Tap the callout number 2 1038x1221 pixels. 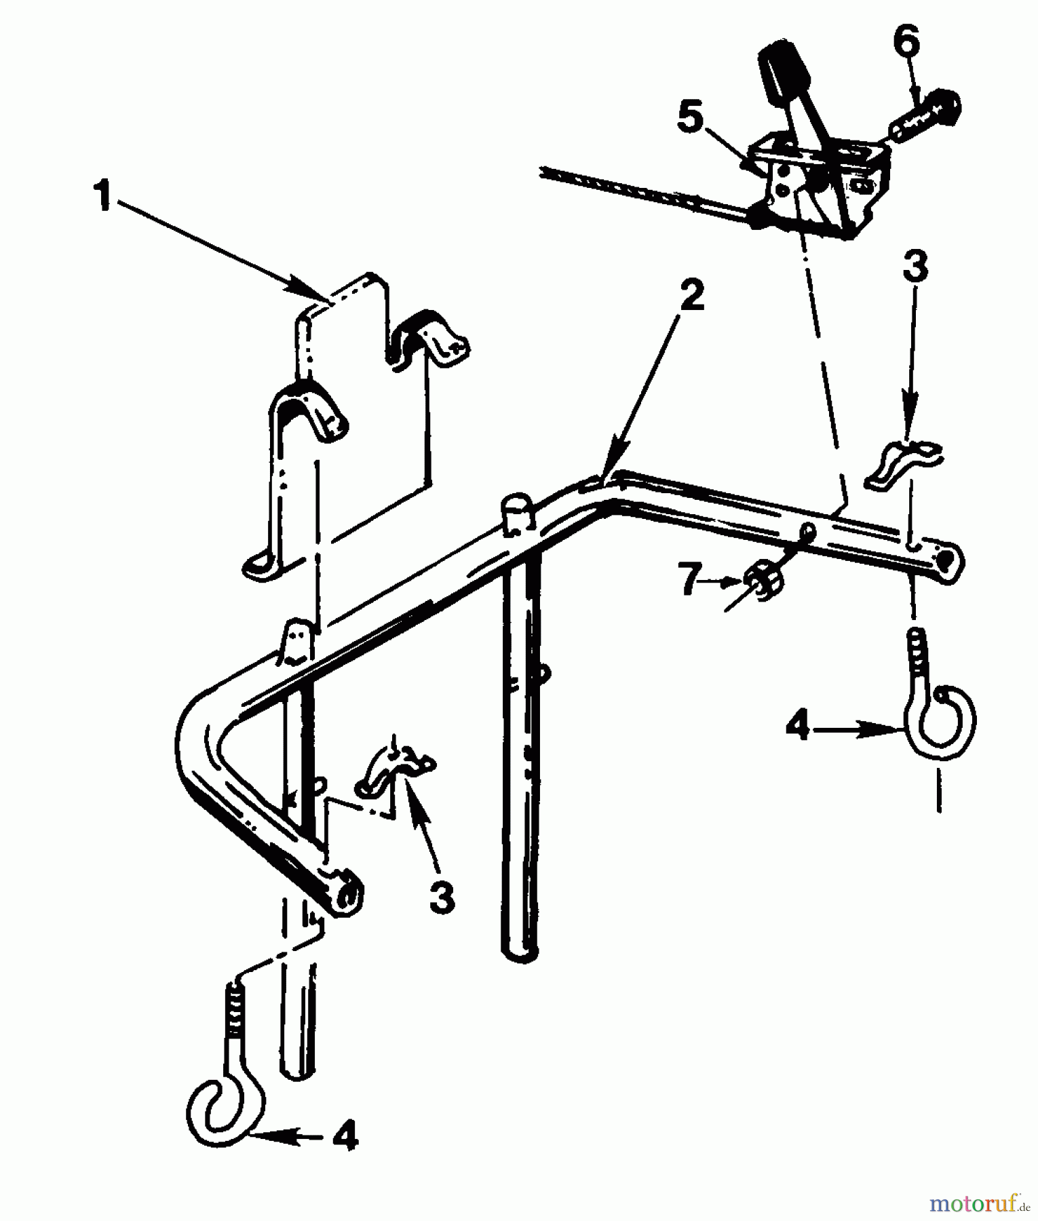(x=691, y=297)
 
